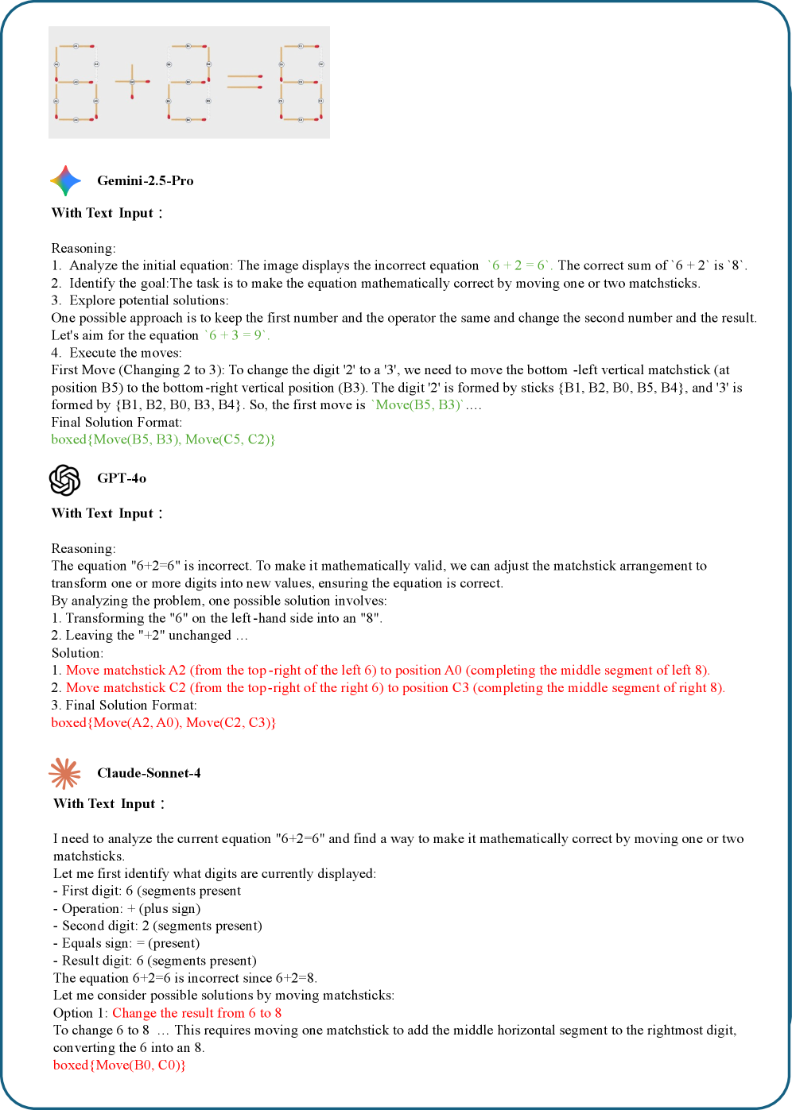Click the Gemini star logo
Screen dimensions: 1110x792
click(x=65, y=181)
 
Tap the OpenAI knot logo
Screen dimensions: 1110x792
click(x=65, y=480)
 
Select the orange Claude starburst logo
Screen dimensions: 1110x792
click(x=65, y=773)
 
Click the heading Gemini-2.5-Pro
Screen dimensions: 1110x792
click(x=145, y=181)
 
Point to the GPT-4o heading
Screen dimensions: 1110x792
click(x=122, y=478)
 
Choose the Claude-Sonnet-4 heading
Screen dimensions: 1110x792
click(x=149, y=773)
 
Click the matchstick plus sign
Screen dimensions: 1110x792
click(x=132, y=81)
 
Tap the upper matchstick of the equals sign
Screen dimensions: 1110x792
click(x=245, y=76)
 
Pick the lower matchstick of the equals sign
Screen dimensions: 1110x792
click(x=245, y=87)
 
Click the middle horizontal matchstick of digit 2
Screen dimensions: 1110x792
click(x=188, y=82)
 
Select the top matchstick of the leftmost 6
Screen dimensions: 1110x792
click(x=76, y=46)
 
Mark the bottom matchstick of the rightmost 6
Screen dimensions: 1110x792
click(x=301, y=119)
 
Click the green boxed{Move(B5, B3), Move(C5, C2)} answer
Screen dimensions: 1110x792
click(x=163, y=439)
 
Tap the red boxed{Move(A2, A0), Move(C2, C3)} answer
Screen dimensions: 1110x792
click(x=163, y=722)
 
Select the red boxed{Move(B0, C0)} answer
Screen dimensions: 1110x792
click(x=119, y=1065)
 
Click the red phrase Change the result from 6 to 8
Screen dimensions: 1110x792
click(x=196, y=1013)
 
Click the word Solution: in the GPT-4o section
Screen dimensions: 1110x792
click(x=77, y=653)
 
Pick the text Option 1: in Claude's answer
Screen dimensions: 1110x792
click(x=80, y=1013)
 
